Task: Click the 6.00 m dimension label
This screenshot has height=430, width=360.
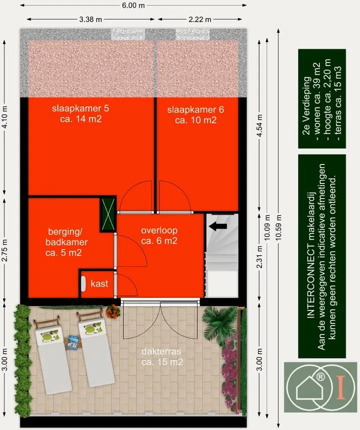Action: point(133,5)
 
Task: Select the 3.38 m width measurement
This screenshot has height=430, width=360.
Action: point(90,19)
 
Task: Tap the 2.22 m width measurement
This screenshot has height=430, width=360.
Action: point(200,19)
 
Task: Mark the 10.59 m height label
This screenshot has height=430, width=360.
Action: point(279,227)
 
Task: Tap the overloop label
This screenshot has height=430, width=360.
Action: point(159,230)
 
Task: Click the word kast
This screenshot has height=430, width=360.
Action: point(99,283)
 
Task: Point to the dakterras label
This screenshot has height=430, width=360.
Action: point(161,351)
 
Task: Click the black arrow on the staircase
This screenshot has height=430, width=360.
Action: point(218,226)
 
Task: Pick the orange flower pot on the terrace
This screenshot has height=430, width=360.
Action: point(112,311)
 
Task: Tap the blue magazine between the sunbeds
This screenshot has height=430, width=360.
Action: point(73,342)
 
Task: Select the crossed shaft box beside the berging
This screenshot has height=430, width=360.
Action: point(108,214)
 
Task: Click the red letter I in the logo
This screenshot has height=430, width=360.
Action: point(341,387)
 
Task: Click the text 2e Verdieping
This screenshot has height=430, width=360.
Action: point(307,105)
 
